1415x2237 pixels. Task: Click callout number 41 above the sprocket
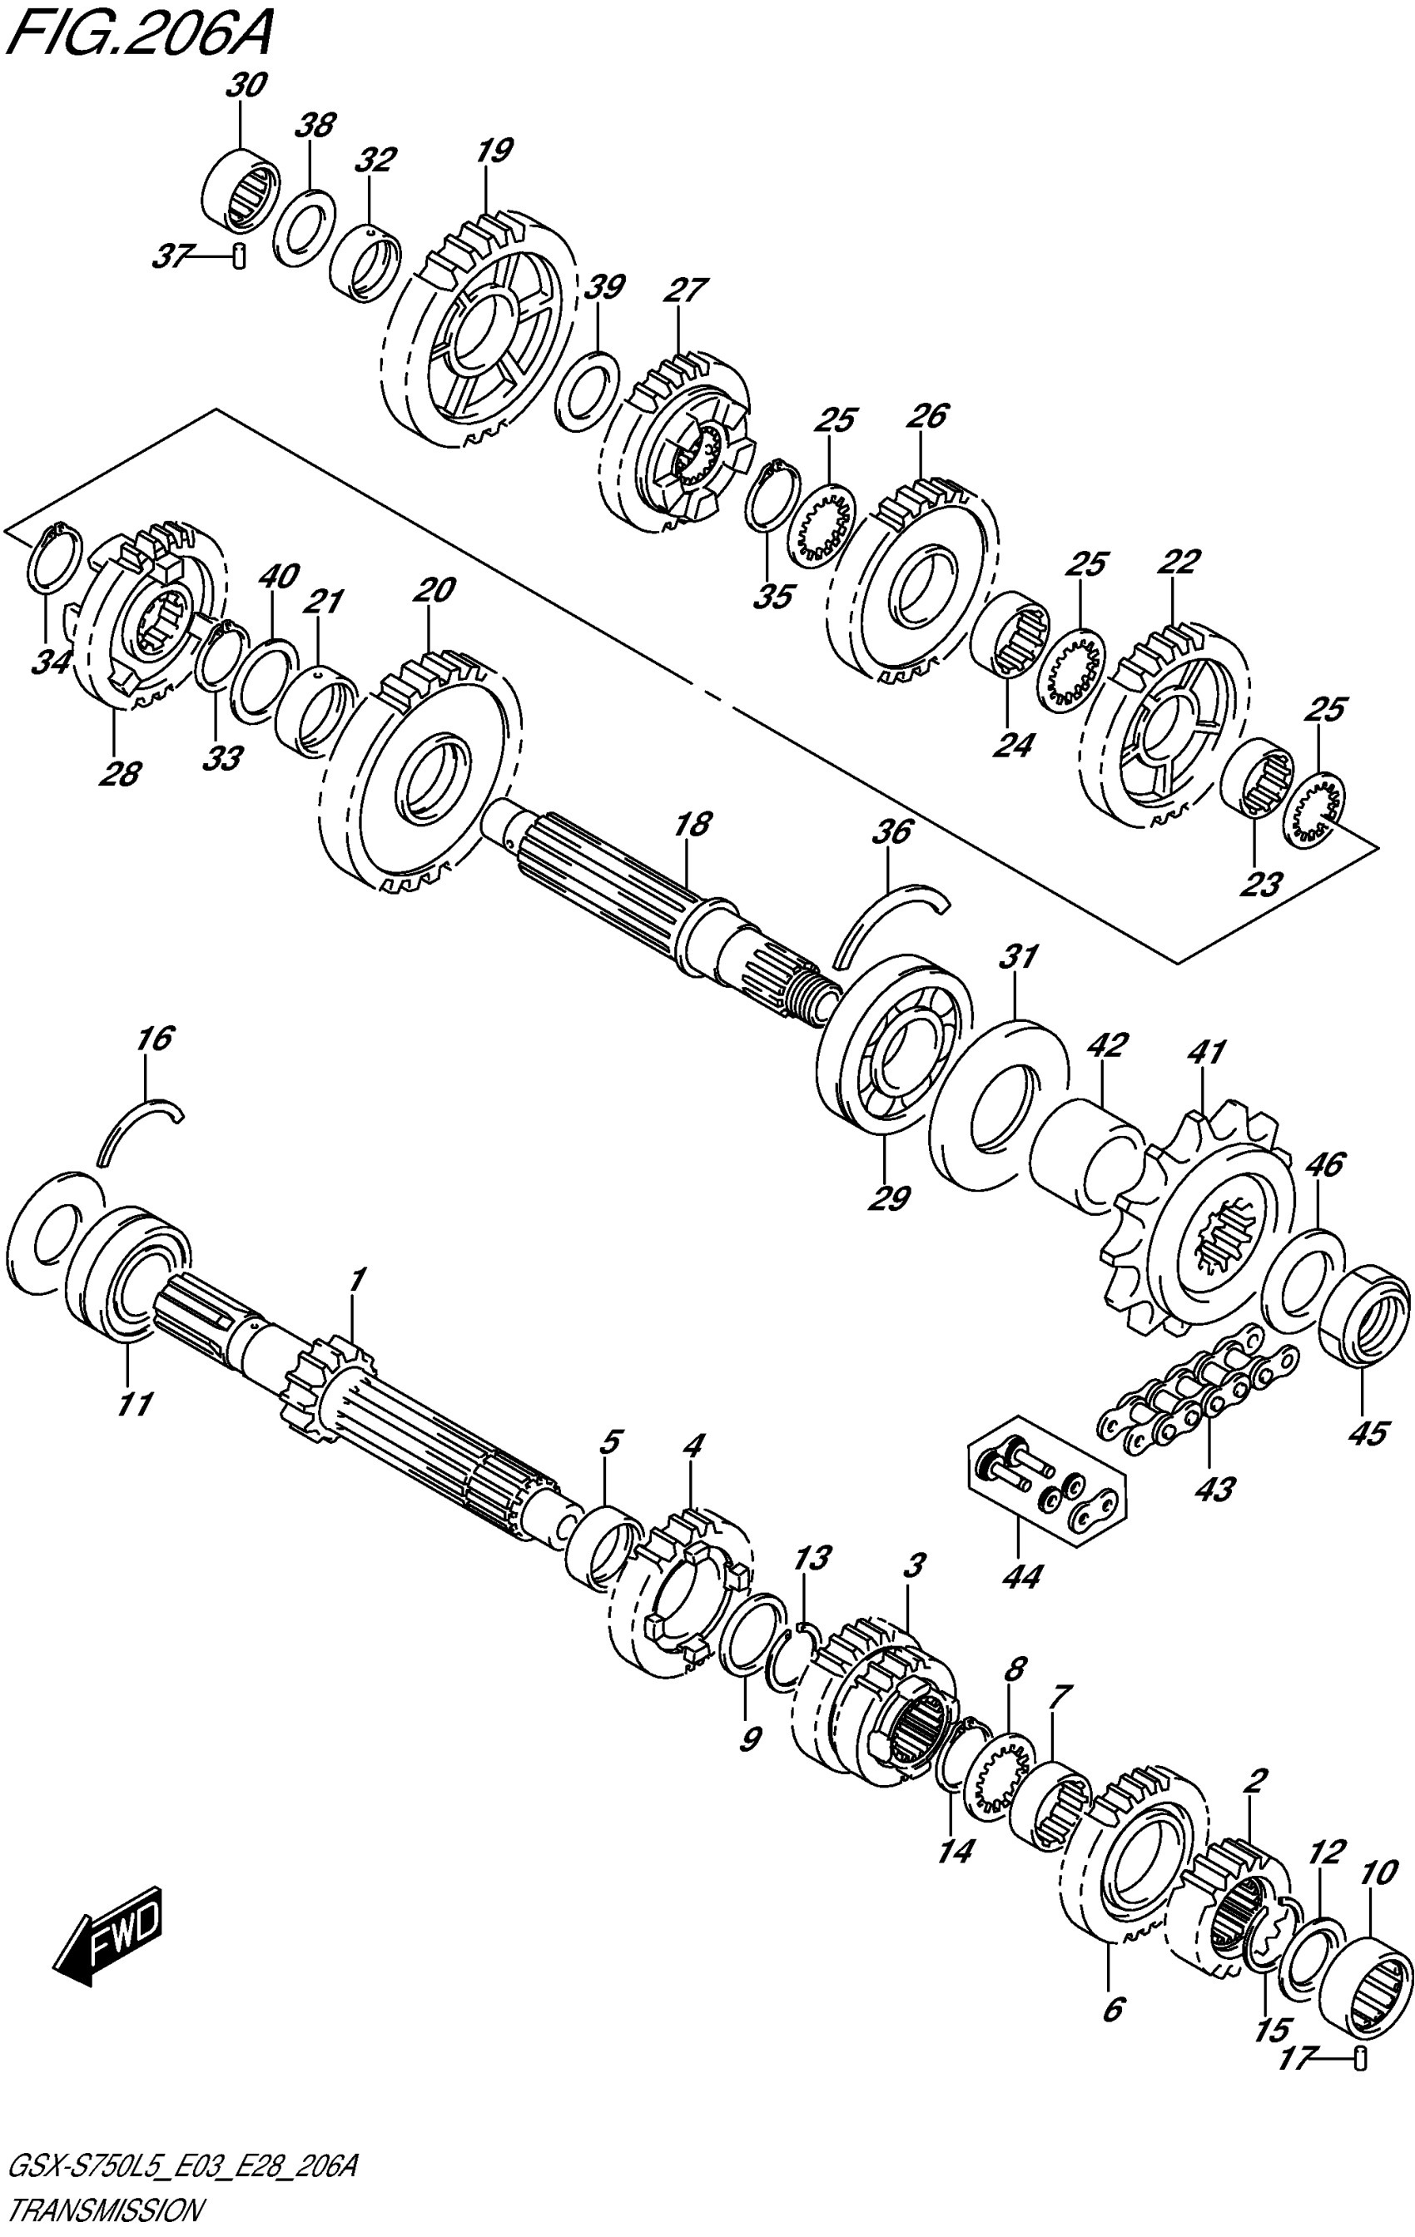click(1206, 1053)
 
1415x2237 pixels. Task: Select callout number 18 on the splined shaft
click(693, 824)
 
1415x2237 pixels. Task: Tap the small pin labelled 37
click(239, 254)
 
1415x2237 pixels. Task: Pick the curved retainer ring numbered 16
click(139, 1124)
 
